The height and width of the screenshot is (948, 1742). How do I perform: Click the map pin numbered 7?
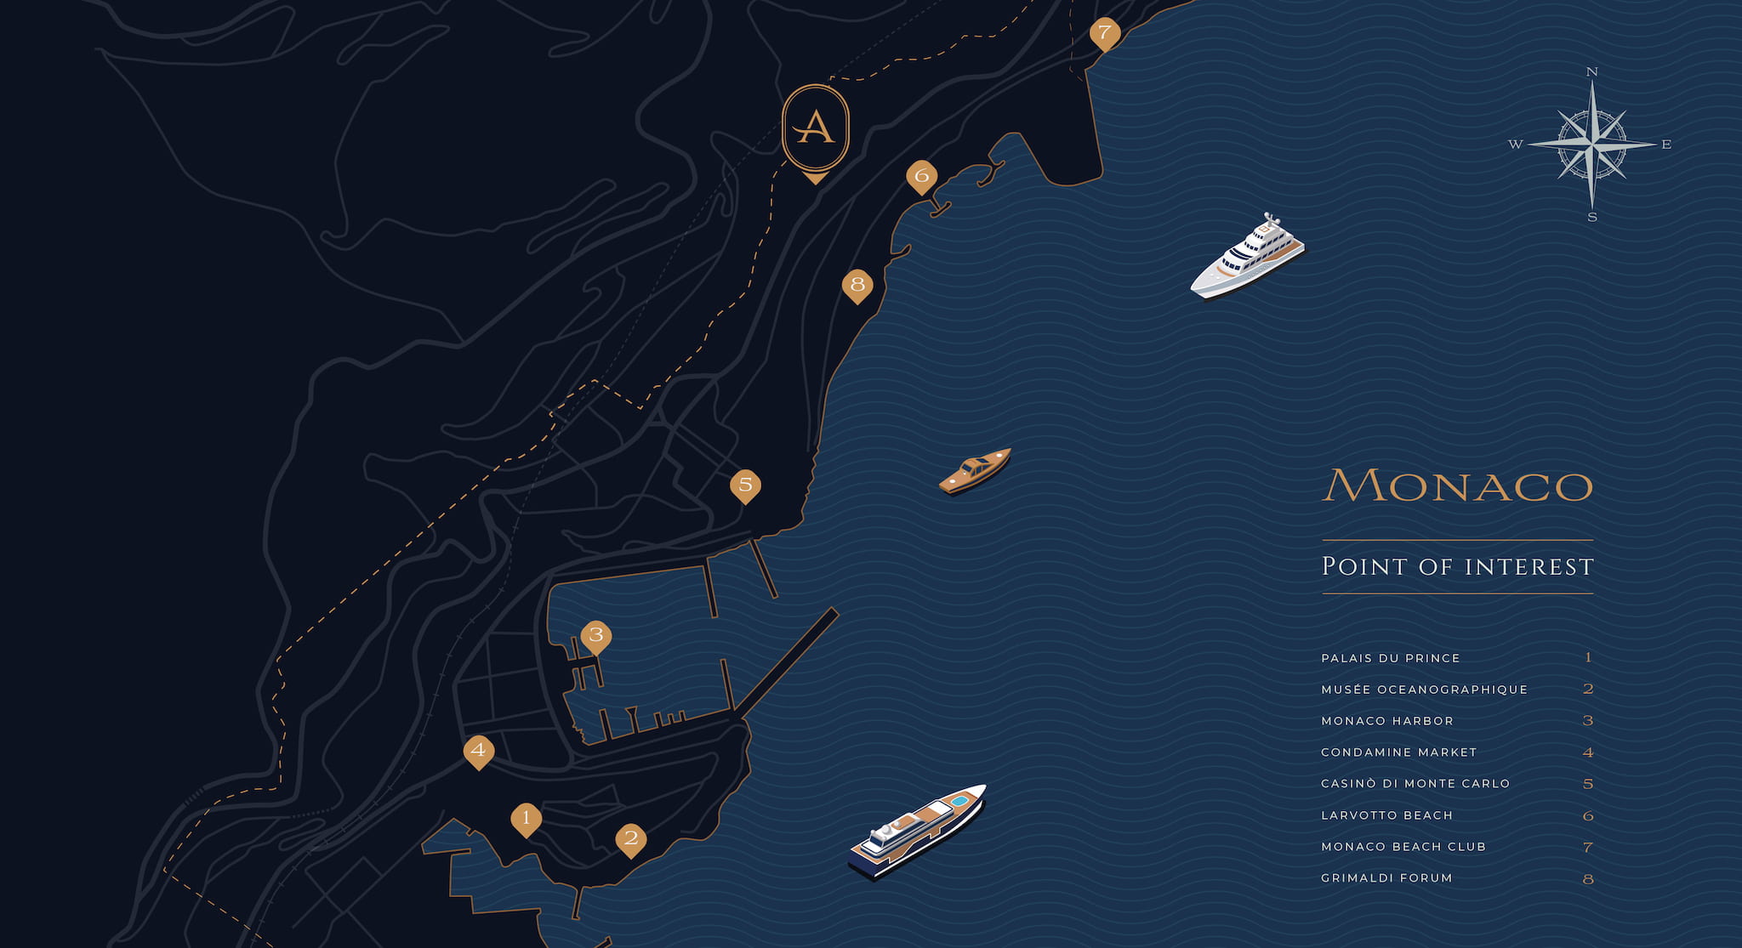[x=1104, y=33]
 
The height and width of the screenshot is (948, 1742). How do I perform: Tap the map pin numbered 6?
[x=921, y=176]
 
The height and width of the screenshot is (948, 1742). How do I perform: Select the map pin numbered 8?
[x=857, y=285]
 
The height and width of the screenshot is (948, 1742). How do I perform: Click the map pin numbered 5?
[x=745, y=485]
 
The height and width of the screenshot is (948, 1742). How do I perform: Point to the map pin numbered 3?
[x=595, y=635]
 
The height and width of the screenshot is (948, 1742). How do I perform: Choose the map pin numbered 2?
[x=630, y=838]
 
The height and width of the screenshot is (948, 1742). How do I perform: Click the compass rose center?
[x=1592, y=144]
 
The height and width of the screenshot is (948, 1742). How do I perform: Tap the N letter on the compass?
[x=1592, y=72]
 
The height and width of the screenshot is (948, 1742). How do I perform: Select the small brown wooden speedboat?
[x=975, y=470]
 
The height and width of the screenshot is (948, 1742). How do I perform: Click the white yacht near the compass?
[x=1247, y=256]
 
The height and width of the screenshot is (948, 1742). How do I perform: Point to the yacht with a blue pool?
[x=917, y=832]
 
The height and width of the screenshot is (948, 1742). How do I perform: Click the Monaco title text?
[x=1457, y=485]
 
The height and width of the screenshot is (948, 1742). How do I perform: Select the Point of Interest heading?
[x=1457, y=566]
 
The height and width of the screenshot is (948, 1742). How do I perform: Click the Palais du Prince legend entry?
[x=1391, y=658]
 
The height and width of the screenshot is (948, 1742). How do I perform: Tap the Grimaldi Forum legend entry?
[x=1386, y=878]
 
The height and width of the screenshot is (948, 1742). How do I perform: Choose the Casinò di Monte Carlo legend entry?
[x=1415, y=784]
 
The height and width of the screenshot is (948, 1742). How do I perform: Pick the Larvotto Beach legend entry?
[x=1386, y=815]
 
